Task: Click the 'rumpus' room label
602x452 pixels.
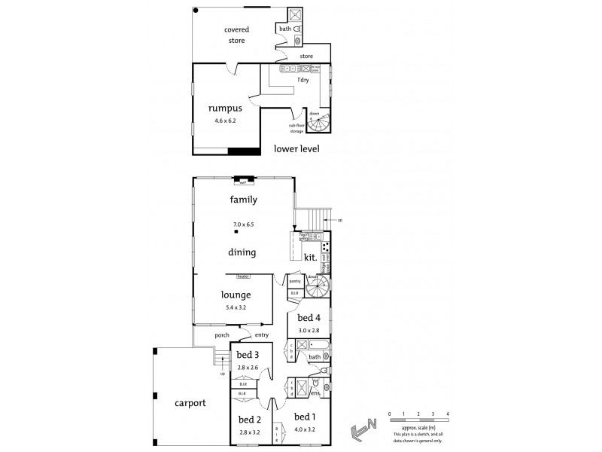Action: pyautogui.click(x=225, y=108)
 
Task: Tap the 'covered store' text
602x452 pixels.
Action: pyautogui.click(x=236, y=35)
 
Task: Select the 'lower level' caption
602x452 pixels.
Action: pyautogui.click(x=297, y=148)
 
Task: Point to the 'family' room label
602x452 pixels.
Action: pyautogui.click(x=244, y=200)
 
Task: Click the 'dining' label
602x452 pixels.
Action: pyautogui.click(x=243, y=252)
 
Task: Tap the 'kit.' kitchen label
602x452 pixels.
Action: pyautogui.click(x=310, y=258)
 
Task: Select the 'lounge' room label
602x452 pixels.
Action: pyautogui.click(x=236, y=295)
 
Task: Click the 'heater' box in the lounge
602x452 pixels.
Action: pyautogui.click(x=243, y=276)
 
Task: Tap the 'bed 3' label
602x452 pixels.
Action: pyautogui.click(x=248, y=355)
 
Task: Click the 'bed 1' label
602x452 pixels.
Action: pyautogui.click(x=305, y=417)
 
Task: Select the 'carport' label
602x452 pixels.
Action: pyautogui.click(x=191, y=403)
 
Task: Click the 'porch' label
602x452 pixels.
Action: pyautogui.click(x=221, y=335)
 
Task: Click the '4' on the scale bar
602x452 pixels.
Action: pyautogui.click(x=448, y=414)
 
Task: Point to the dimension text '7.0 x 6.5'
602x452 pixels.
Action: pyautogui.click(x=243, y=224)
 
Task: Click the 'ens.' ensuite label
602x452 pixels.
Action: pyautogui.click(x=316, y=392)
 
